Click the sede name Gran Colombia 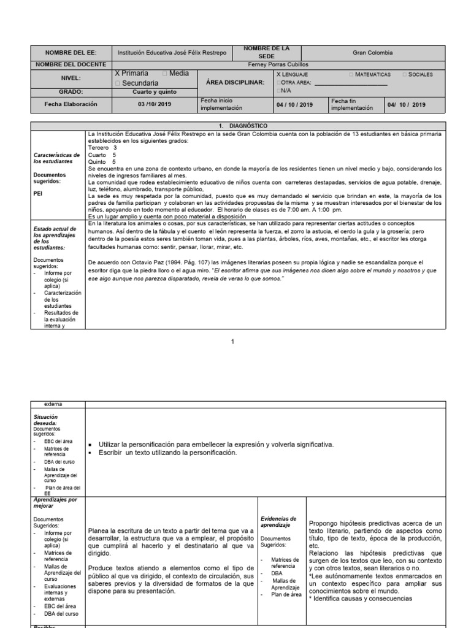click(x=372, y=53)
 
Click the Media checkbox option click(x=175, y=74)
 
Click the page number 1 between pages click(x=232, y=342)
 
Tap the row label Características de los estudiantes click(x=56, y=158)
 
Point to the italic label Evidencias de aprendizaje click(x=279, y=522)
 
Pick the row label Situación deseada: click(x=47, y=420)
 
